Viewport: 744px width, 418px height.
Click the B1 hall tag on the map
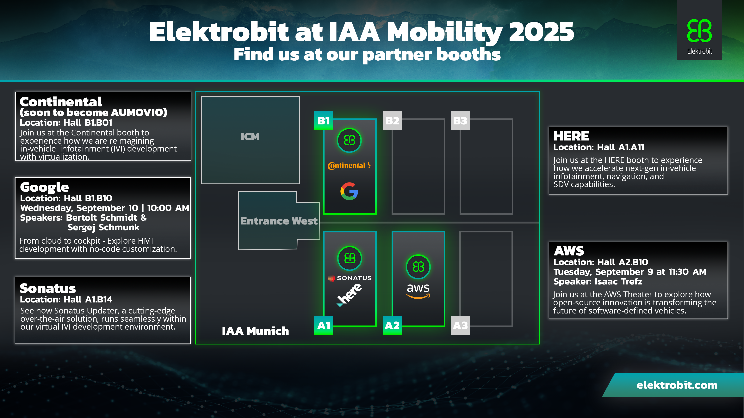324,121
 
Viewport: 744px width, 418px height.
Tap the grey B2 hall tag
392,121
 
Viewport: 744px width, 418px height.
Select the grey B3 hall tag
460,121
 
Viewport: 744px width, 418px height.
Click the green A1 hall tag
324,325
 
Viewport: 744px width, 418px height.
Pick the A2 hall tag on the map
392,325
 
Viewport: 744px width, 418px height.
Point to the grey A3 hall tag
460,325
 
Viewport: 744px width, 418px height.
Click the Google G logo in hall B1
349,191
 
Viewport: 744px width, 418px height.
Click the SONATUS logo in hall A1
350,278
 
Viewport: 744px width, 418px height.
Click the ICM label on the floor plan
250,136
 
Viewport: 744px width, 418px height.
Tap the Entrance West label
279,221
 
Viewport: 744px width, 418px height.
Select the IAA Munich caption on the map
255,331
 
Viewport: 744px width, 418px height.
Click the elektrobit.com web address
677,385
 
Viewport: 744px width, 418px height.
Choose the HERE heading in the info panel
571,136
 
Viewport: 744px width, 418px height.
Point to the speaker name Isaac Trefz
618,282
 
